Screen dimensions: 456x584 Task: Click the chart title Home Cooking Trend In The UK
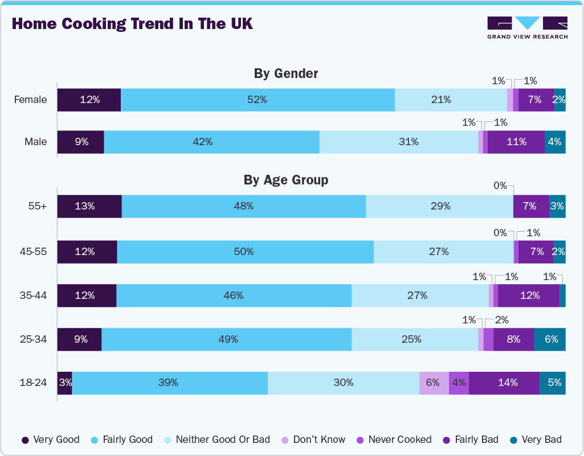point(132,24)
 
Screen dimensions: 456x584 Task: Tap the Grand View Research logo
point(527,27)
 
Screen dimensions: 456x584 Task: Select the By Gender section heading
point(285,73)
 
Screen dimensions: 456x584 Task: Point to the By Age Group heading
point(285,180)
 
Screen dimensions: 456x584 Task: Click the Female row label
point(31,100)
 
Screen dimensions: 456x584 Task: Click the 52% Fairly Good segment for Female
point(258,100)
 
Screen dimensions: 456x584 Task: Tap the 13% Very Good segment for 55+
point(89,206)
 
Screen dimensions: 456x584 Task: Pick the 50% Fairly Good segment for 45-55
point(245,251)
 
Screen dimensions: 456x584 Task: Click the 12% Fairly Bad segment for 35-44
point(529,295)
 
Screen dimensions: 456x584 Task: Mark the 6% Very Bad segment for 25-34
point(550,339)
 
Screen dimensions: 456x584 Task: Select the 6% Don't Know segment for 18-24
point(434,383)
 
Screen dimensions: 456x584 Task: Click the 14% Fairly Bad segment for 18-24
point(504,383)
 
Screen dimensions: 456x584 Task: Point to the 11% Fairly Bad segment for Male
point(516,142)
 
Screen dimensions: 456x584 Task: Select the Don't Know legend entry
point(313,439)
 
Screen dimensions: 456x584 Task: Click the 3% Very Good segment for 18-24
point(64,383)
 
